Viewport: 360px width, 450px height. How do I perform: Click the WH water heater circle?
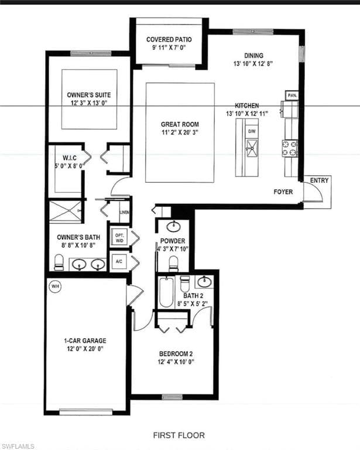[55, 286]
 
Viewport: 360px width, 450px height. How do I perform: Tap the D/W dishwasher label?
[252, 131]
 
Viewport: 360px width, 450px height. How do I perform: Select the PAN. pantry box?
[292, 96]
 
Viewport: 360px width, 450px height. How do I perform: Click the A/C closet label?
[119, 261]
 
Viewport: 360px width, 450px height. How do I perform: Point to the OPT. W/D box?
[119, 238]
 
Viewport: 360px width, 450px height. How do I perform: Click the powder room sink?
[173, 226]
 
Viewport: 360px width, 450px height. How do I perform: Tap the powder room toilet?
[173, 264]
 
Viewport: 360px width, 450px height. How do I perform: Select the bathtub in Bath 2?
[166, 292]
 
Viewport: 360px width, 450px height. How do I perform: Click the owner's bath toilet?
[59, 262]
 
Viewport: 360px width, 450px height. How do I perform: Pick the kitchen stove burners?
[290, 148]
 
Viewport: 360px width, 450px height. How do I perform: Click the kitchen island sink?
[252, 148]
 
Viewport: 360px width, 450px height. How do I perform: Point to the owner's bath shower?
[65, 212]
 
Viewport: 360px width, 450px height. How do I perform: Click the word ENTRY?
[319, 180]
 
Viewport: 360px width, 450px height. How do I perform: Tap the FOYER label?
[283, 192]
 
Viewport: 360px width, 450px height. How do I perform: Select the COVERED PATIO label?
[169, 40]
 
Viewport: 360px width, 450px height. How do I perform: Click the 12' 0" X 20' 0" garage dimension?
[85, 349]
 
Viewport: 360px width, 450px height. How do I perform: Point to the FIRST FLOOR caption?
[179, 435]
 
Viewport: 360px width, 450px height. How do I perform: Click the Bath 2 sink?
[204, 282]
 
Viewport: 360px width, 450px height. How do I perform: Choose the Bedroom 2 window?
[172, 397]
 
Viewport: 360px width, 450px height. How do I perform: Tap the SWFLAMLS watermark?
[17, 446]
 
